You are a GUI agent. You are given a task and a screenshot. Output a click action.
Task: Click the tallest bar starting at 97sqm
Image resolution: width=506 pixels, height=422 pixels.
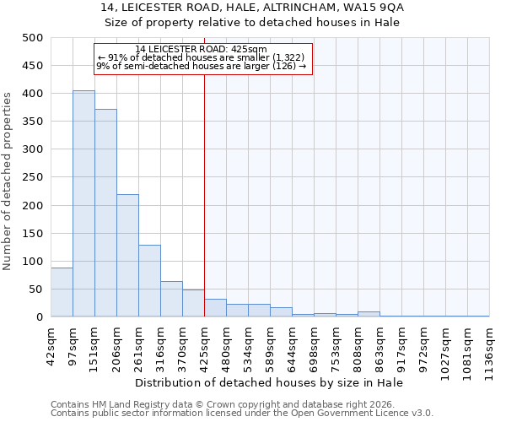[83, 203]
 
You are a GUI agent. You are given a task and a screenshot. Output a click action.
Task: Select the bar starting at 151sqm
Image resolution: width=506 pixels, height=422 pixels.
[105, 213]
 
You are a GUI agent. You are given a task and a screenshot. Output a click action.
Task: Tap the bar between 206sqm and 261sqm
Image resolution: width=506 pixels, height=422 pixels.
[127, 256]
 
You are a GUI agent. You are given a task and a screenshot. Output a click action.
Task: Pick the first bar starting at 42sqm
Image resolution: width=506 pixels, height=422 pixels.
[62, 292]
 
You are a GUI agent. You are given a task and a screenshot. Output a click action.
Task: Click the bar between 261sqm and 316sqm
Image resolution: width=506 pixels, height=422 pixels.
[149, 281]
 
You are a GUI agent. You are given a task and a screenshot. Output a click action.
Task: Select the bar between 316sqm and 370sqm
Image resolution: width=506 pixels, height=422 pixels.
[171, 299]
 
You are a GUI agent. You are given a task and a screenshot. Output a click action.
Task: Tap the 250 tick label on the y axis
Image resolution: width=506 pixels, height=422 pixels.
[33, 178]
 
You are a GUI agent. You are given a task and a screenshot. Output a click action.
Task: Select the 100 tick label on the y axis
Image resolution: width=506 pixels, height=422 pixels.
[33, 262]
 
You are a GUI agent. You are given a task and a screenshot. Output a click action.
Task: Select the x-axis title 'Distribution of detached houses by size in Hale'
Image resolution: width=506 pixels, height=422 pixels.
[270, 382]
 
